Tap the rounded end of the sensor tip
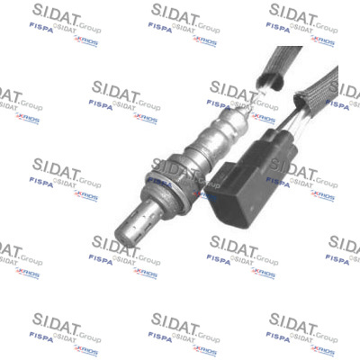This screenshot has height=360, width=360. [x=124, y=234]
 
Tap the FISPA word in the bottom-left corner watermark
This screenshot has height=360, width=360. [x=40, y=337]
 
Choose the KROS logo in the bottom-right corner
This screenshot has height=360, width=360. [x=322, y=350]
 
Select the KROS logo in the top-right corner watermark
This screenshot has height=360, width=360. [x=322, y=40]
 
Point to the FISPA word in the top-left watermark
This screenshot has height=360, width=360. [x=40, y=27]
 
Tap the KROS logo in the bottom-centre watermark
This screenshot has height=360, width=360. [x=204, y=350]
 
